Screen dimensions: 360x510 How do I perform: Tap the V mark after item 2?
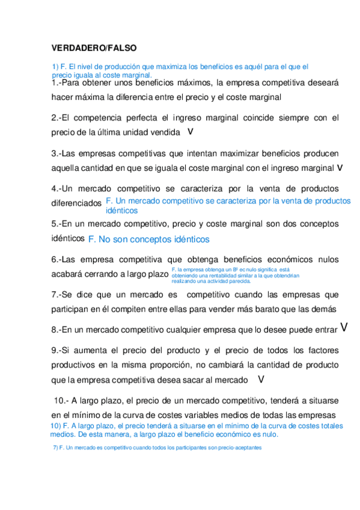191,131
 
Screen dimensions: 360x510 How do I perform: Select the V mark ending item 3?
340,167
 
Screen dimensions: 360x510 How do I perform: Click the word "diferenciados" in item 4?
76,203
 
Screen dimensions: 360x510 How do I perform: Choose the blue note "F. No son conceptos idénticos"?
148,239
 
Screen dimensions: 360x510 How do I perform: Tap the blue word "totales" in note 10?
329,426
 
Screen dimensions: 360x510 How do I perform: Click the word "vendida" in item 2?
163,132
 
